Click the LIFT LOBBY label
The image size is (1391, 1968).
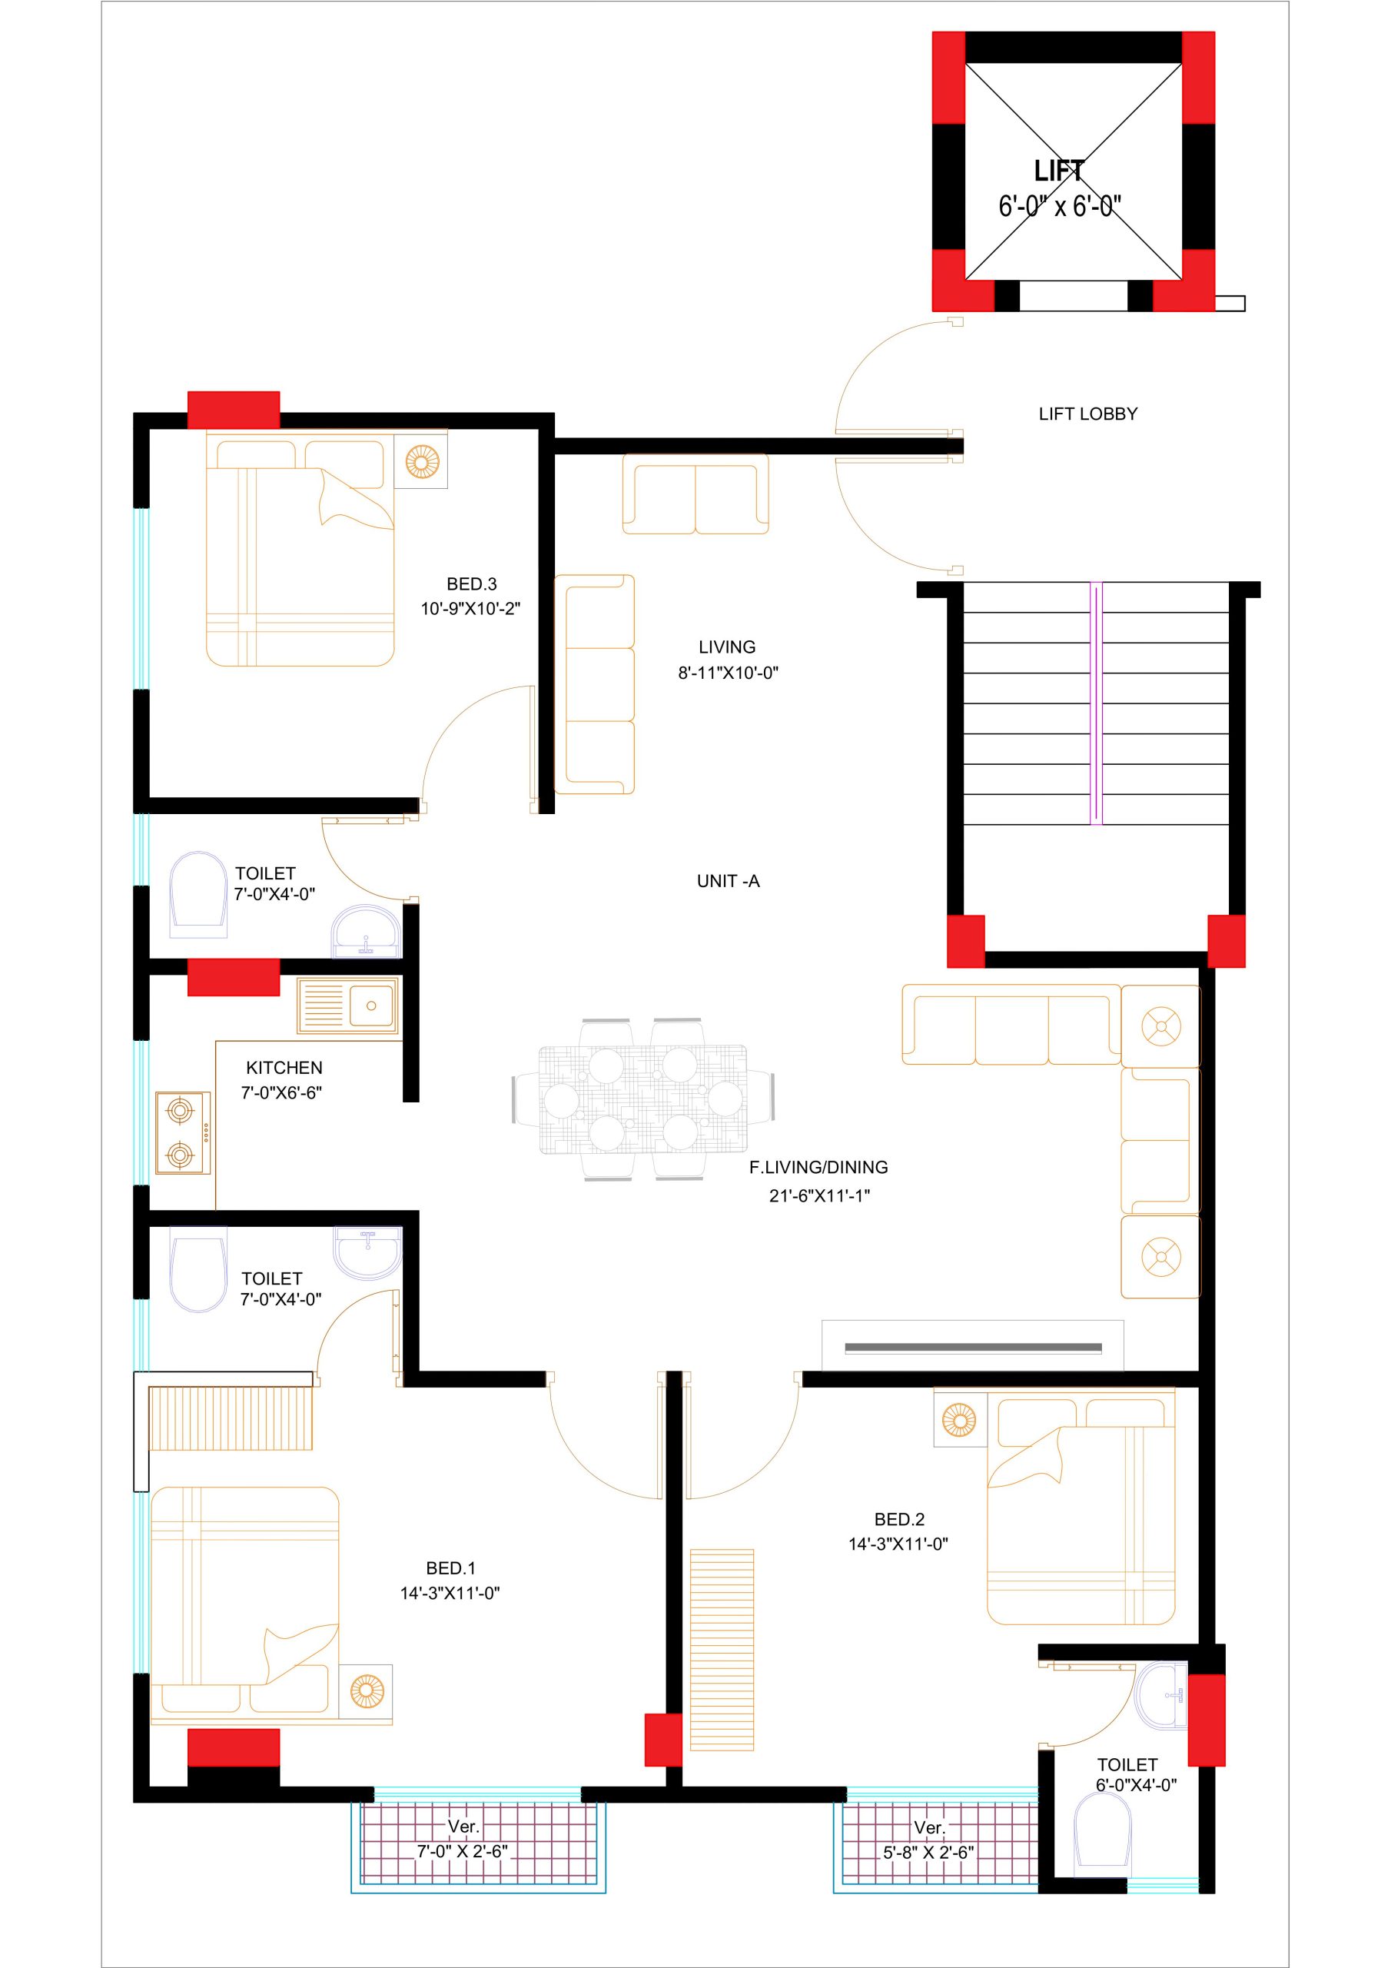click(1087, 414)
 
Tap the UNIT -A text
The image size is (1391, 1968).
click(728, 881)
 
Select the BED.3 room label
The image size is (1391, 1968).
click(471, 583)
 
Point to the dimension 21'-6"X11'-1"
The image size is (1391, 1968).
click(819, 1195)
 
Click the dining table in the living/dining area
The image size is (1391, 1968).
click(642, 1100)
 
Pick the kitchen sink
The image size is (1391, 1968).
click(348, 1006)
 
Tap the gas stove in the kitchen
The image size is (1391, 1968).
click(184, 1133)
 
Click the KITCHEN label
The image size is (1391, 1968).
click(284, 1068)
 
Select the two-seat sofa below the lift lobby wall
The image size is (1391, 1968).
click(695, 494)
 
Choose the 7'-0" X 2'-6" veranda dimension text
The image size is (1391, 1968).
click(463, 1851)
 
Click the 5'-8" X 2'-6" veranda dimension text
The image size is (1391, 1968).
click(929, 1851)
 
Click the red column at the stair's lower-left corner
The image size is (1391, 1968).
click(966, 941)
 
